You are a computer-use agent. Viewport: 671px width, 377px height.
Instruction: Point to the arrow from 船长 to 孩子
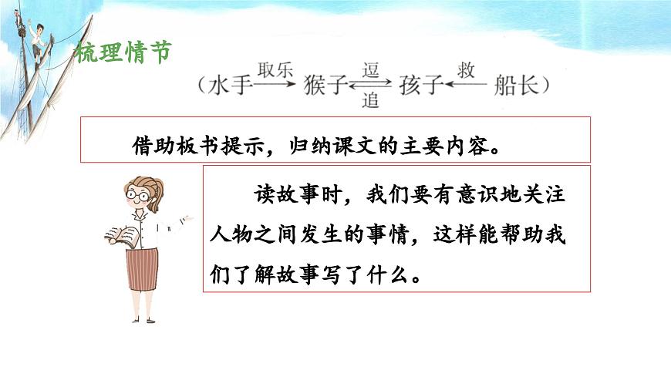pos(466,86)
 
